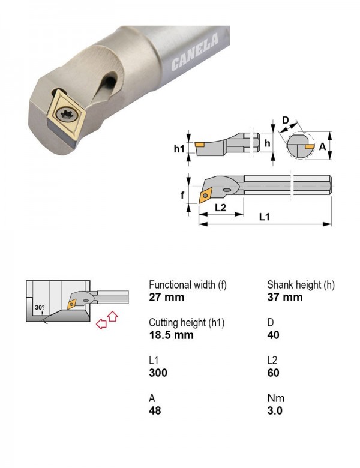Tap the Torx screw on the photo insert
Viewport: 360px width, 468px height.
pyautogui.click(x=67, y=114)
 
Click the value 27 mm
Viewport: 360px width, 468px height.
pyautogui.click(x=167, y=297)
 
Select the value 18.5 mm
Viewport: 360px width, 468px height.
pyautogui.click(x=172, y=335)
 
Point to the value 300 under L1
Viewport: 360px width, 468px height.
pyautogui.click(x=158, y=373)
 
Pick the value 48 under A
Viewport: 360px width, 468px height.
pyautogui.click(x=155, y=410)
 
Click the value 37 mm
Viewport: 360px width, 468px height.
pyautogui.click(x=285, y=297)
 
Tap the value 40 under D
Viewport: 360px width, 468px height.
pyautogui.click(x=274, y=335)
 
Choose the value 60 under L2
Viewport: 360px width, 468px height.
pyautogui.click(x=274, y=373)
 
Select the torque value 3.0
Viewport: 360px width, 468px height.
pyautogui.click(x=275, y=410)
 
